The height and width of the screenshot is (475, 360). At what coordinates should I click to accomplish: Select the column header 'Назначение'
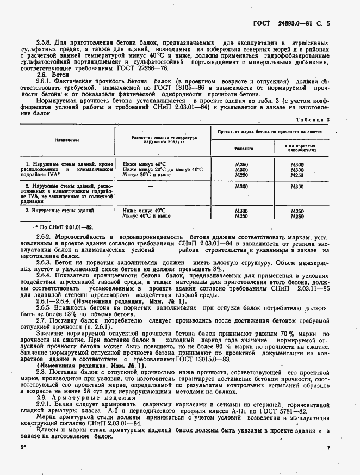point(67,140)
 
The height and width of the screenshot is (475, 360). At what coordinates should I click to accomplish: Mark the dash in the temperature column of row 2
point(164,187)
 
